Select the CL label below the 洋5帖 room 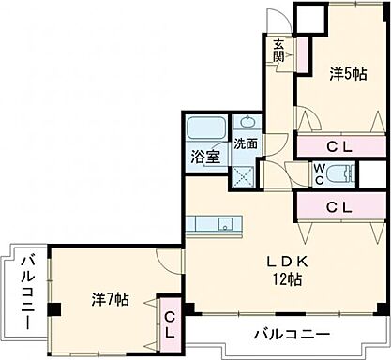339,146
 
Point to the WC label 319,174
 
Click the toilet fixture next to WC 346,174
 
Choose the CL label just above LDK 339,207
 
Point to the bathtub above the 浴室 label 203,127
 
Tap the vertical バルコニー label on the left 25,291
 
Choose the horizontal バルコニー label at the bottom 290,334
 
